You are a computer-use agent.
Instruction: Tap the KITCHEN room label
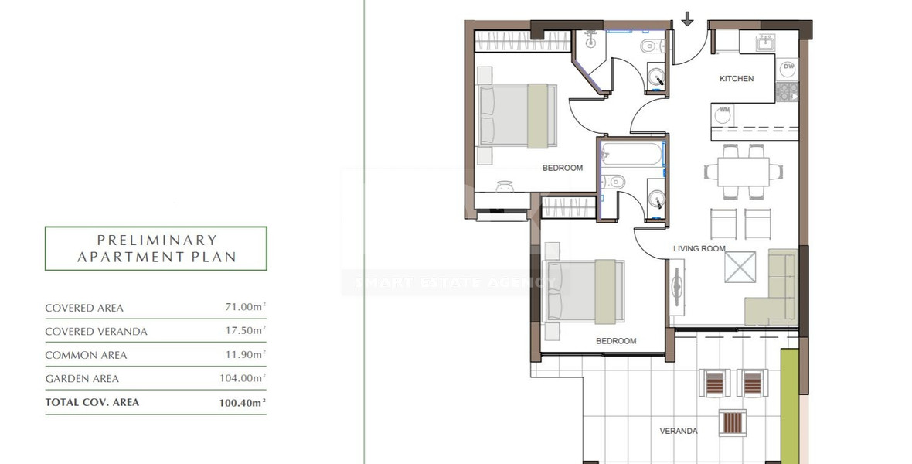[736, 79]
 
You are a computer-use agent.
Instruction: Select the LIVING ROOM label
[699, 248]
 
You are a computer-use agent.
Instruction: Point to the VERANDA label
[679, 431]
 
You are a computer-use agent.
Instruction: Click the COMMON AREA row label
[86, 355]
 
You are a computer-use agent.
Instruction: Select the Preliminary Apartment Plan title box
[156, 248]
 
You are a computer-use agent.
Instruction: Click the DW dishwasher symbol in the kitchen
[788, 69]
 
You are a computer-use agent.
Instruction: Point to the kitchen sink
[764, 42]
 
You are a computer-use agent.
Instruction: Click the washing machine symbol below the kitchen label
[723, 113]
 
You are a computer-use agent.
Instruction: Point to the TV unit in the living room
[678, 286]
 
